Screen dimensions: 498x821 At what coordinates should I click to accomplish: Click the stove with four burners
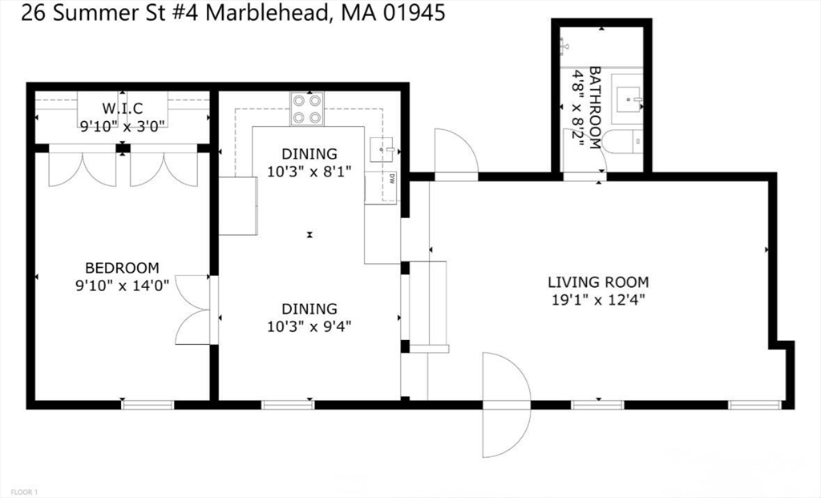coord(307,109)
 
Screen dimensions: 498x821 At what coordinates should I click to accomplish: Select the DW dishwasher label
coord(392,178)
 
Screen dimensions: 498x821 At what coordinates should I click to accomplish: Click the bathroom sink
coord(628,95)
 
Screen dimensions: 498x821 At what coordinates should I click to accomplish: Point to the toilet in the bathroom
coord(622,143)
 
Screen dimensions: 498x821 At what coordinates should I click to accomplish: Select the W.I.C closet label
coord(122,108)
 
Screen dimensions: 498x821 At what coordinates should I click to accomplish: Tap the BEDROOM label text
coord(122,268)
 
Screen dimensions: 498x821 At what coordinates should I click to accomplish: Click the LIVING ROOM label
coord(598,282)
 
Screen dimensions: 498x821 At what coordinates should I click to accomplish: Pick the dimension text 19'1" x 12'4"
coord(598,300)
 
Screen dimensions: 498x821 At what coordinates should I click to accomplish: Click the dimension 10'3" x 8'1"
coord(308,171)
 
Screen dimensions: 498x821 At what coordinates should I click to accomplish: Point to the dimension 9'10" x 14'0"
coord(122,285)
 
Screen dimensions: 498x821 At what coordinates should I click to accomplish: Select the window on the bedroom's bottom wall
coord(148,404)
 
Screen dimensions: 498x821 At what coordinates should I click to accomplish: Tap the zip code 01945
coord(413,13)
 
